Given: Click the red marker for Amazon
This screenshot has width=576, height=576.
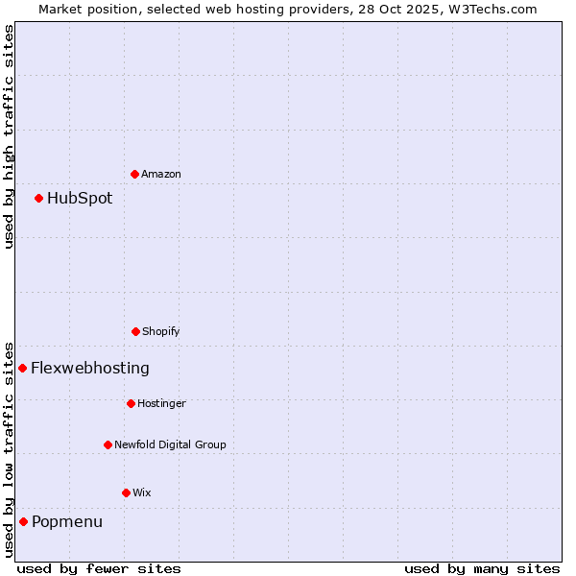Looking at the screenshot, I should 134,174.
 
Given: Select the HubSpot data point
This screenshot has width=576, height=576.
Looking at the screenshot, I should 38,198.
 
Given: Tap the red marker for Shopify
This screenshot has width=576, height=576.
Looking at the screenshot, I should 135,331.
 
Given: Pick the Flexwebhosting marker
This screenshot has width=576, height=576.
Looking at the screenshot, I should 22,368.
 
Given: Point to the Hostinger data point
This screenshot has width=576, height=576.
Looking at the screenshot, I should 131,403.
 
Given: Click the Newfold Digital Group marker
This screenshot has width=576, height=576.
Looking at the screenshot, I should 108,444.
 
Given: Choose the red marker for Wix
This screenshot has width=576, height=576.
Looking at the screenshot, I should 126,492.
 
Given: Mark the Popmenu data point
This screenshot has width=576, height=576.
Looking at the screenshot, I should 23,521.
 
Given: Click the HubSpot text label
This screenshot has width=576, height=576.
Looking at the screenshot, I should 80,199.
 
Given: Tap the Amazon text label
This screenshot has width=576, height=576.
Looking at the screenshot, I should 161,174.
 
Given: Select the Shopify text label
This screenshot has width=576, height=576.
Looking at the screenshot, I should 161,331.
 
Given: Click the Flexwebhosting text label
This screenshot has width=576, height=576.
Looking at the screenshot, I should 90,368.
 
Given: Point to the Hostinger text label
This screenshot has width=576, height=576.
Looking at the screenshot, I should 161,403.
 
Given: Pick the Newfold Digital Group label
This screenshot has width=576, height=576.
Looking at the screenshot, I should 170,444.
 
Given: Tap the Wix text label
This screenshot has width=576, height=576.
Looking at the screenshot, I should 142,492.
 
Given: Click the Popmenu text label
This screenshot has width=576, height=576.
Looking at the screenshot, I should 67,522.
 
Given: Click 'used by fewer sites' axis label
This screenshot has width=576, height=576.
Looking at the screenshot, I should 99,568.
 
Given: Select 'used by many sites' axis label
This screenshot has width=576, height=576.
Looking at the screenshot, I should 482,568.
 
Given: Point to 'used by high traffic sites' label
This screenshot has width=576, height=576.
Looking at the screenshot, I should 9,136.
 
